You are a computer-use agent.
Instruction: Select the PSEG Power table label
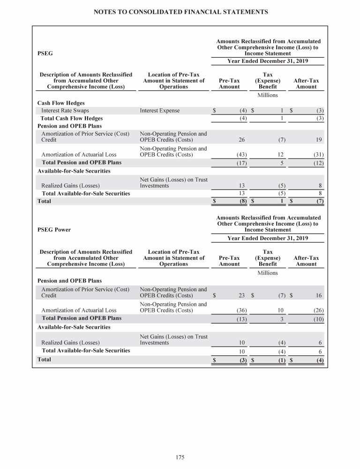point(54,230)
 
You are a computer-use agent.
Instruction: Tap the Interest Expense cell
point(159,111)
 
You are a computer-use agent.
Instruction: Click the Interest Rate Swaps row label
point(65,111)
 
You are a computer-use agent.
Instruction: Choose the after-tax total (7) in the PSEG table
point(318,201)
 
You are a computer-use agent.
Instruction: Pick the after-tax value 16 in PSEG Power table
point(319,295)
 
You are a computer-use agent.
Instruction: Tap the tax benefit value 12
point(280,155)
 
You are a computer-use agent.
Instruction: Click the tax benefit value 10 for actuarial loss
point(280,310)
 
